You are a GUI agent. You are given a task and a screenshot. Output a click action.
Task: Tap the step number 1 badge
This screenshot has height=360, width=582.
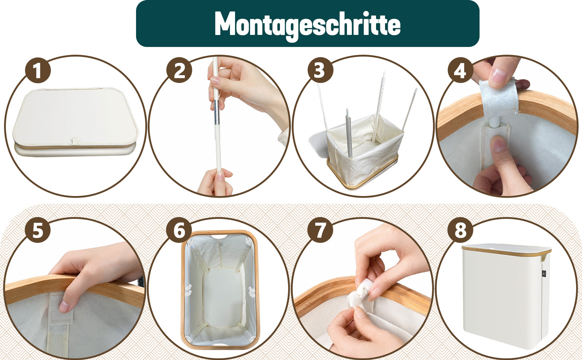(38, 71)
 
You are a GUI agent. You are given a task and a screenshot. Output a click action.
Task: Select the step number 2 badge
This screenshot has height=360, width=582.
(179, 71)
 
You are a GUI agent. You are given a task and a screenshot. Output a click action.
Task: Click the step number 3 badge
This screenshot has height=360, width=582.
(320, 70)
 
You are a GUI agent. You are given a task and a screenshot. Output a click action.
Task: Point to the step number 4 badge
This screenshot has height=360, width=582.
(461, 70)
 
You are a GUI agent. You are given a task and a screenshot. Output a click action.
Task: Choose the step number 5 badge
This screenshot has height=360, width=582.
(38, 230)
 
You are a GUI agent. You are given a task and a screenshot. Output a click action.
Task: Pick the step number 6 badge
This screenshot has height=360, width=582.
(179, 230)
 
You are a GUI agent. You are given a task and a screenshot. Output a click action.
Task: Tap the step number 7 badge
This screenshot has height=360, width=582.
(320, 230)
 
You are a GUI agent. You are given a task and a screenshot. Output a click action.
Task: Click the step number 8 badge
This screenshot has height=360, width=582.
(461, 230)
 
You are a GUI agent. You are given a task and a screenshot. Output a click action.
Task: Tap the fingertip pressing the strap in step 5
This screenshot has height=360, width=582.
(64, 307)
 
